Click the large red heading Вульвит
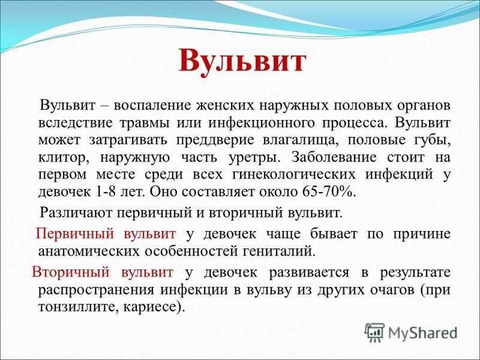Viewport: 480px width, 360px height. click(242, 61)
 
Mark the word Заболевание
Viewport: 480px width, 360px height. click(334, 158)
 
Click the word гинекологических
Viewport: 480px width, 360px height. click(294, 175)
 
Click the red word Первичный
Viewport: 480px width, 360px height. click(76, 234)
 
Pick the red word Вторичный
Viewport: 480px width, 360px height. click(71, 272)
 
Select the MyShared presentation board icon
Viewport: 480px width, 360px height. click(374, 332)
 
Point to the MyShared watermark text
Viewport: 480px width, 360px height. click(423, 333)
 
